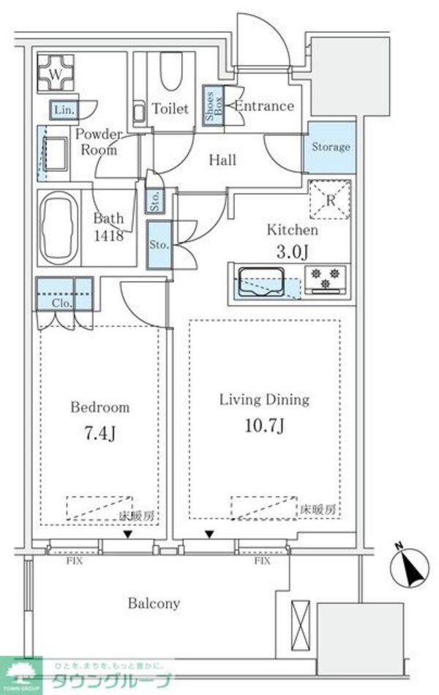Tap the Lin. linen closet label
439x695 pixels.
point(62,110)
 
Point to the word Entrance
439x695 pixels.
point(264,106)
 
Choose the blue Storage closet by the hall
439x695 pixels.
point(331,146)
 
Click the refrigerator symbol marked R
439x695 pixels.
point(330,199)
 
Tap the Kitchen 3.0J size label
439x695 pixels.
point(292,252)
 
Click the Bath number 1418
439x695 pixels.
point(108,236)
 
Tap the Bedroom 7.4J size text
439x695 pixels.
point(100,435)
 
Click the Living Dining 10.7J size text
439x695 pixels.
point(264,424)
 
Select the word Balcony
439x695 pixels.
point(154,604)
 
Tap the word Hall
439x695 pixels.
point(222,159)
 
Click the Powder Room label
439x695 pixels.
point(98,143)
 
